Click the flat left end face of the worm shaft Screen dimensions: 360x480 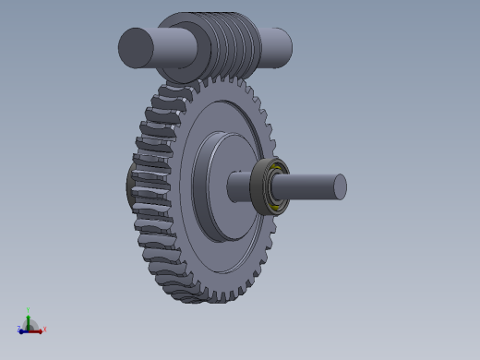coord(135,47)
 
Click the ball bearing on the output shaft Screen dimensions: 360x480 coord(272,185)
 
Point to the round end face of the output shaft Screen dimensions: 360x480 coord(340,186)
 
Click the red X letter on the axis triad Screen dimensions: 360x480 coord(44,329)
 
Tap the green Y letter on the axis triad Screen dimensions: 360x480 coord(29,311)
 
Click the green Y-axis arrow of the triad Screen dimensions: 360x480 coord(29,319)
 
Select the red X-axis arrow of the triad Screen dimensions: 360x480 coord(36,330)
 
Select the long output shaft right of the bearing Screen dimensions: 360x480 coord(309,186)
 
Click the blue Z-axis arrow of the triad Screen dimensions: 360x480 coord(23,330)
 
